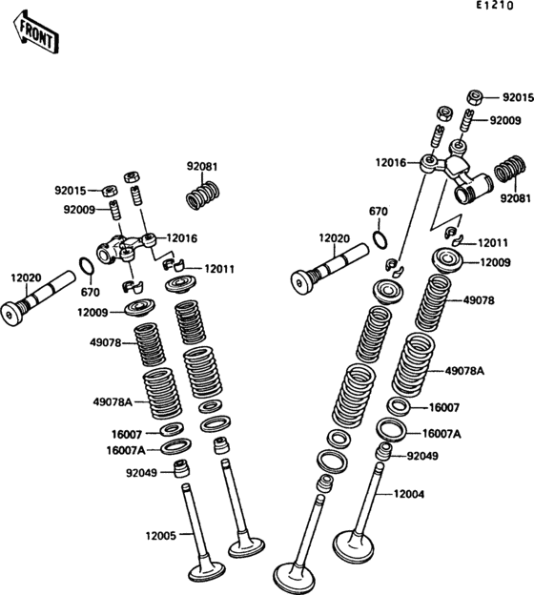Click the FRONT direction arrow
pyautogui.click(x=36, y=32)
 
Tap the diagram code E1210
pyautogui.click(x=495, y=6)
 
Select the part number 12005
pyautogui.click(x=161, y=536)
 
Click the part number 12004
pyautogui.click(x=409, y=494)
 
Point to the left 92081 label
pyautogui.click(x=202, y=167)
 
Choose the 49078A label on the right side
pyautogui.click(x=464, y=371)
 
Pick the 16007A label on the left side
pyautogui.click(x=126, y=450)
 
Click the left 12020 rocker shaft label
pyautogui.click(x=26, y=277)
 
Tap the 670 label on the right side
pyautogui.click(x=379, y=212)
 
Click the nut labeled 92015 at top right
pyautogui.click(x=475, y=97)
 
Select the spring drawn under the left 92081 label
pyautogui.click(x=203, y=195)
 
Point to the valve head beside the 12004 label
pyautogui.click(x=353, y=545)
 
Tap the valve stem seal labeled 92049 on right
pyautogui.click(x=383, y=451)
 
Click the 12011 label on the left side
pyautogui.click(x=219, y=269)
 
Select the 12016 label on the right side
pyautogui.click(x=391, y=163)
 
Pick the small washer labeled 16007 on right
pyautogui.click(x=399, y=406)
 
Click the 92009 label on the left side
pyautogui.click(x=79, y=210)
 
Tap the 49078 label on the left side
pyautogui.click(x=106, y=343)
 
